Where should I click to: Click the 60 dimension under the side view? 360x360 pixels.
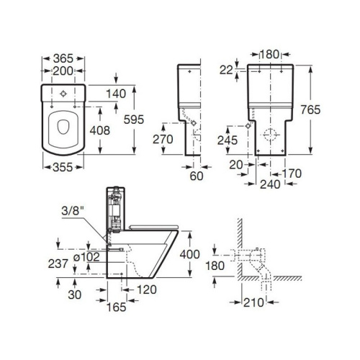click(x=197, y=174)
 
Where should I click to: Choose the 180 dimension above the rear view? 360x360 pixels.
click(x=270, y=53)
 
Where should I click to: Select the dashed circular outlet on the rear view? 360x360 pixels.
click(x=271, y=134)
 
